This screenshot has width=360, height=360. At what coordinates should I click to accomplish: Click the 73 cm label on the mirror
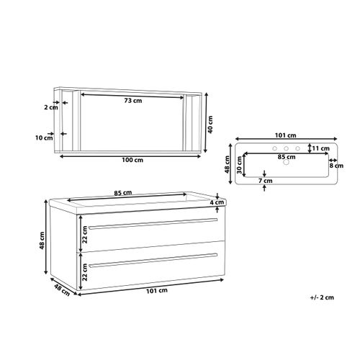(133, 101)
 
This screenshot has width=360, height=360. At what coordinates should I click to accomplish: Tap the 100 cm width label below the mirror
(132, 160)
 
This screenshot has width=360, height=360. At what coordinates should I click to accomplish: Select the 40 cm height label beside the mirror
(210, 125)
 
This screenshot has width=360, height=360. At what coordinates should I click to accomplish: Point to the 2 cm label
(51, 107)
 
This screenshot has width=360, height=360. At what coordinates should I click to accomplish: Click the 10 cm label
(44, 138)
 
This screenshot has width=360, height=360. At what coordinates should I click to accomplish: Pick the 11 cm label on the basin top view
(320, 148)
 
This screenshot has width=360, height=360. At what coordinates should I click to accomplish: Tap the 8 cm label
(336, 166)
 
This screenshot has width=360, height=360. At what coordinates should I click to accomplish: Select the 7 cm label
(266, 181)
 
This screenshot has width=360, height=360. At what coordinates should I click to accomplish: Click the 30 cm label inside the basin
(239, 165)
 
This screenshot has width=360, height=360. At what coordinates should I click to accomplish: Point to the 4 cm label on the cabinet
(217, 202)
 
